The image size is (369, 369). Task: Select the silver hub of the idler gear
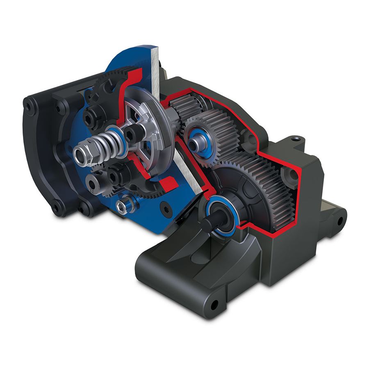(197, 141)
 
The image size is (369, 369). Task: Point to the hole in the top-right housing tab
(295, 139)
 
